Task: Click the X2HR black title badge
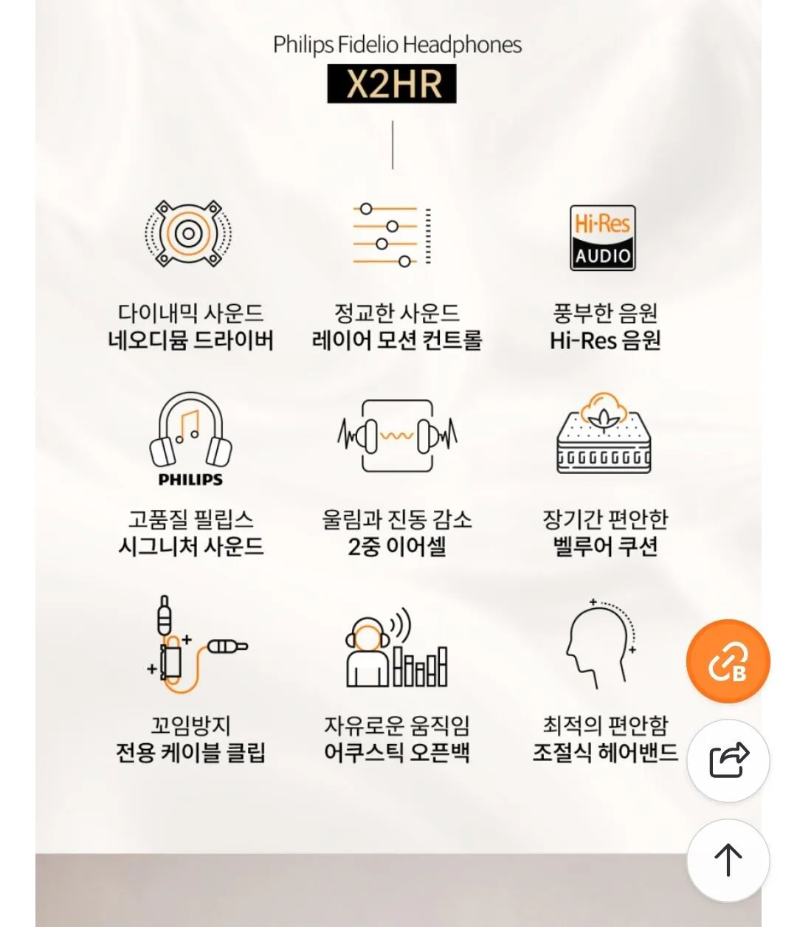coord(392,84)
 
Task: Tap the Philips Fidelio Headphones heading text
coord(397,45)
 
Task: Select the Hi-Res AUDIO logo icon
coord(603,238)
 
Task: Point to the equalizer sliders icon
coord(391,235)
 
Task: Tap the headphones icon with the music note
coord(190,430)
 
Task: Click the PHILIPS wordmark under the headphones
coord(190,480)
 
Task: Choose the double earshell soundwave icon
coord(397,436)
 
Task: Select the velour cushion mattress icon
coord(604,436)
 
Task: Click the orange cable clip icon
coord(190,646)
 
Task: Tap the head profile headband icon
coord(599,642)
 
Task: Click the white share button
coord(728,761)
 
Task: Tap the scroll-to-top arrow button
coord(728,860)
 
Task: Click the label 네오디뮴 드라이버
coord(190,341)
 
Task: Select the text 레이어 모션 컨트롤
coord(397,341)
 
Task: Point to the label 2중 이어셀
coord(397,548)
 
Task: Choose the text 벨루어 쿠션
coord(605,548)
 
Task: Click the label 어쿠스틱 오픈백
coord(397,754)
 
